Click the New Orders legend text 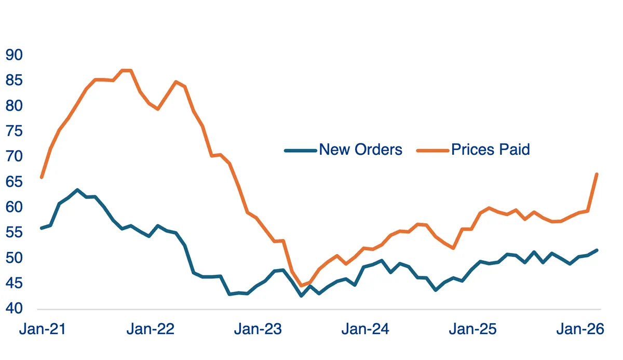point(360,150)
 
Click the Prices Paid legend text point(491,150)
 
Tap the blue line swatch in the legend point(300,151)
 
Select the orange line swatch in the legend point(432,151)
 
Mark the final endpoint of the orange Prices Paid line point(597,174)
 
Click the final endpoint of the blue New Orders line point(597,250)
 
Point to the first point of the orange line point(42,177)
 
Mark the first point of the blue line point(42,228)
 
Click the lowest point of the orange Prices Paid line point(301,286)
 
